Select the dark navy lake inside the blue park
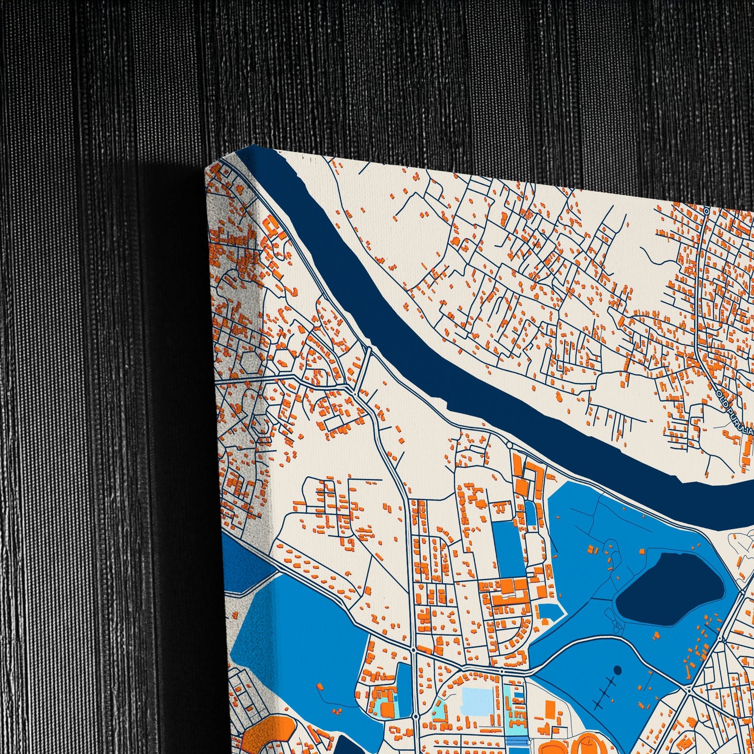(x=671, y=588)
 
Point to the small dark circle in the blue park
(x=618, y=669)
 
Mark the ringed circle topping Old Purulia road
(x=705, y=211)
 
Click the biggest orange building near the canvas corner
(x=271, y=228)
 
